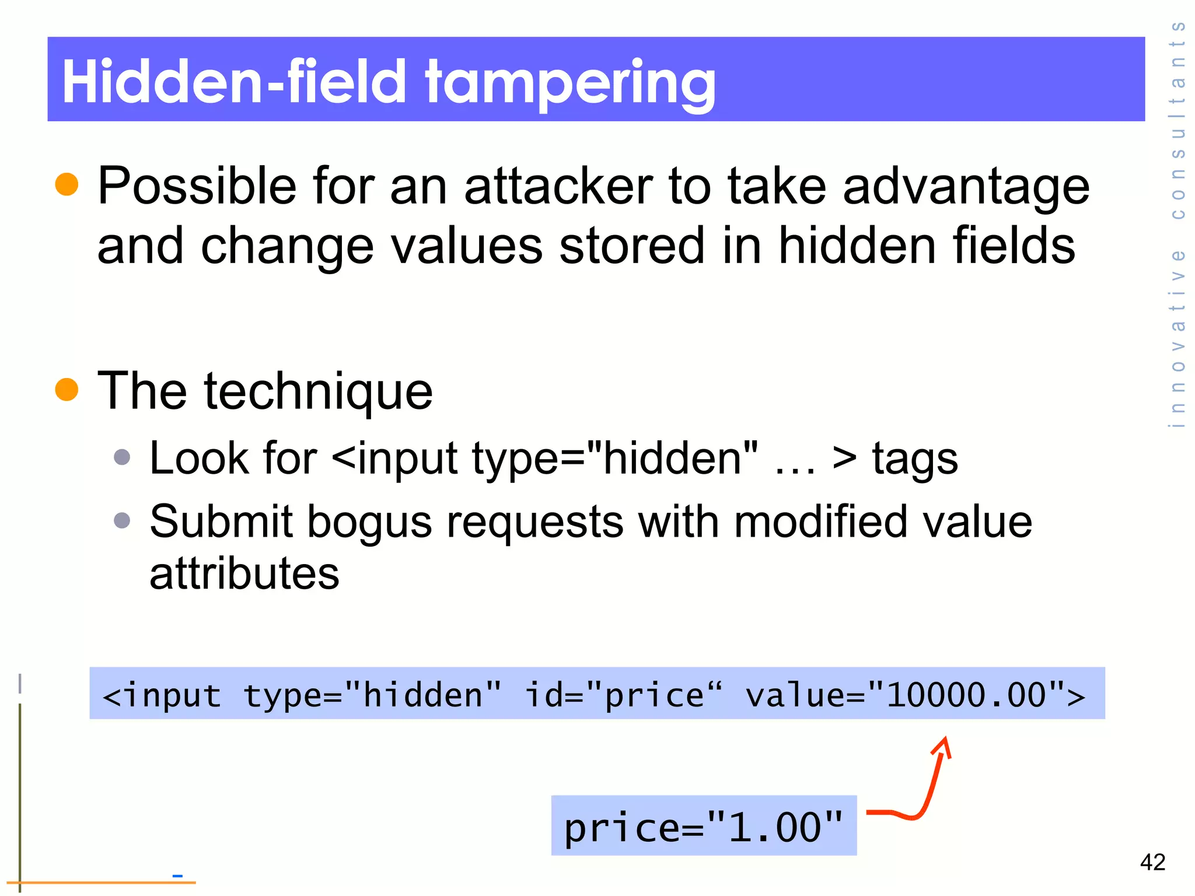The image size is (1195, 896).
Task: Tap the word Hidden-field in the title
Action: click(x=233, y=82)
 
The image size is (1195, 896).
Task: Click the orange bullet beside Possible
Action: click(x=67, y=184)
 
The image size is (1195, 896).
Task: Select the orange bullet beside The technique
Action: click(x=67, y=390)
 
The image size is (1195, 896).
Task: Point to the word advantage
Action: click(x=966, y=188)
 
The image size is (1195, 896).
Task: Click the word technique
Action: click(x=319, y=392)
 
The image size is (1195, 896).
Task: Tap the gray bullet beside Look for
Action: click(x=122, y=457)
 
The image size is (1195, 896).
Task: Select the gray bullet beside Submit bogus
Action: click(x=122, y=520)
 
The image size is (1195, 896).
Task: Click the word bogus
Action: click(x=369, y=522)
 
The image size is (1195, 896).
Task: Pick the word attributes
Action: click(x=244, y=573)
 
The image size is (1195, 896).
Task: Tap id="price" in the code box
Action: click(x=623, y=695)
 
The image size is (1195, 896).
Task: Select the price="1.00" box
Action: click(x=704, y=826)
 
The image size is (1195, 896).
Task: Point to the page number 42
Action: click(x=1152, y=862)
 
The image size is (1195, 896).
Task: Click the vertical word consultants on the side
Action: click(x=1177, y=120)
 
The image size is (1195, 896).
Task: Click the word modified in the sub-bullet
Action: click(x=820, y=522)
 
